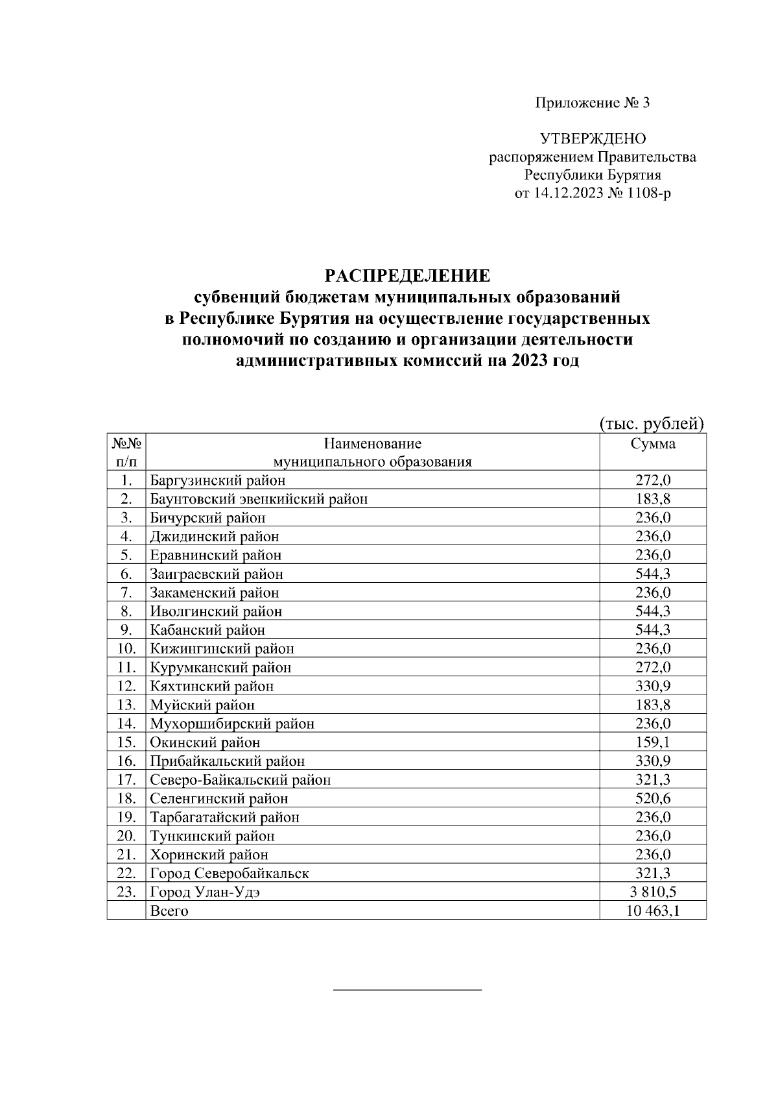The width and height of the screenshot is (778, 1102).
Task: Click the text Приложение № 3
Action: pos(592,103)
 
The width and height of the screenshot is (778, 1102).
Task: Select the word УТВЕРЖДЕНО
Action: pos(593,139)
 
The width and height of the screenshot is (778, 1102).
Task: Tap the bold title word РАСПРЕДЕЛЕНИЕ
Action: pos(407,276)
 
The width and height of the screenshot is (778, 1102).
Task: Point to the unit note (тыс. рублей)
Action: pos(650,424)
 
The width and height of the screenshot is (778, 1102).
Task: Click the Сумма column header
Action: pos(653,444)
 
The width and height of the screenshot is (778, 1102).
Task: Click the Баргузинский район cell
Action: pos(218,480)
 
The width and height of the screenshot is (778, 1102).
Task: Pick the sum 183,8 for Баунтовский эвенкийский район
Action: pos(653,499)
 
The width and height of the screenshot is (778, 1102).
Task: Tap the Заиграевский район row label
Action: pos(217,574)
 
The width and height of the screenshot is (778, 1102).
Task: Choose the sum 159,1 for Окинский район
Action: pos(653,742)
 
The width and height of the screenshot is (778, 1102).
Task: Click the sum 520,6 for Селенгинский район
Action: pos(653,799)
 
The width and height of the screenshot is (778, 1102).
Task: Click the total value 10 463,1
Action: pos(653,911)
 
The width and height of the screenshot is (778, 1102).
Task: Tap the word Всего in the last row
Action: pos(169,911)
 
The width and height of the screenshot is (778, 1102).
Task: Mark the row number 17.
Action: pos(126,780)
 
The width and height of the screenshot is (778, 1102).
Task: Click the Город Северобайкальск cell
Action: pos(230,874)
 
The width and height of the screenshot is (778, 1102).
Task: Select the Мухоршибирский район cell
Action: pos(232,724)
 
